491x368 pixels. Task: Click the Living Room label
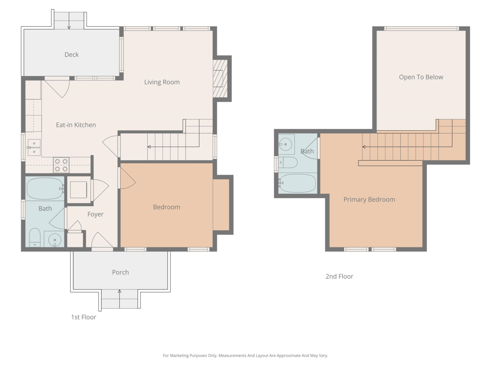click(162, 82)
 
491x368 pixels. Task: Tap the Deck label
click(72, 54)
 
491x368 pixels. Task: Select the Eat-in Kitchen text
click(76, 125)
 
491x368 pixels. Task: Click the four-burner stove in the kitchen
click(61, 165)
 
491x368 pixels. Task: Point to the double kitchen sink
click(34, 147)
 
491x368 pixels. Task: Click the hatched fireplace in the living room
click(220, 79)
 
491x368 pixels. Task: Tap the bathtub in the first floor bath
click(45, 188)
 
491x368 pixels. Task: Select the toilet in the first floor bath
click(35, 237)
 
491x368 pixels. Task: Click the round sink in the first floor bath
click(54, 240)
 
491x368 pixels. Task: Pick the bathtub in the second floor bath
click(297, 183)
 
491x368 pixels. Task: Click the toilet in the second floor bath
click(288, 162)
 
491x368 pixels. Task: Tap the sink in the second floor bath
click(286, 144)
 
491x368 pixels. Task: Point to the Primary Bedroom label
click(369, 199)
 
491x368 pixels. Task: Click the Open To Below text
click(421, 77)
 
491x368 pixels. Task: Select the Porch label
click(120, 272)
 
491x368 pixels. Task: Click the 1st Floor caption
click(83, 317)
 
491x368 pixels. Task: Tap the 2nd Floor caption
click(339, 276)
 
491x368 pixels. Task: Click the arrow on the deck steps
click(69, 20)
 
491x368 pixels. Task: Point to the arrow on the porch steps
click(119, 299)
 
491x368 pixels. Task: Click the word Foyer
click(95, 214)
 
